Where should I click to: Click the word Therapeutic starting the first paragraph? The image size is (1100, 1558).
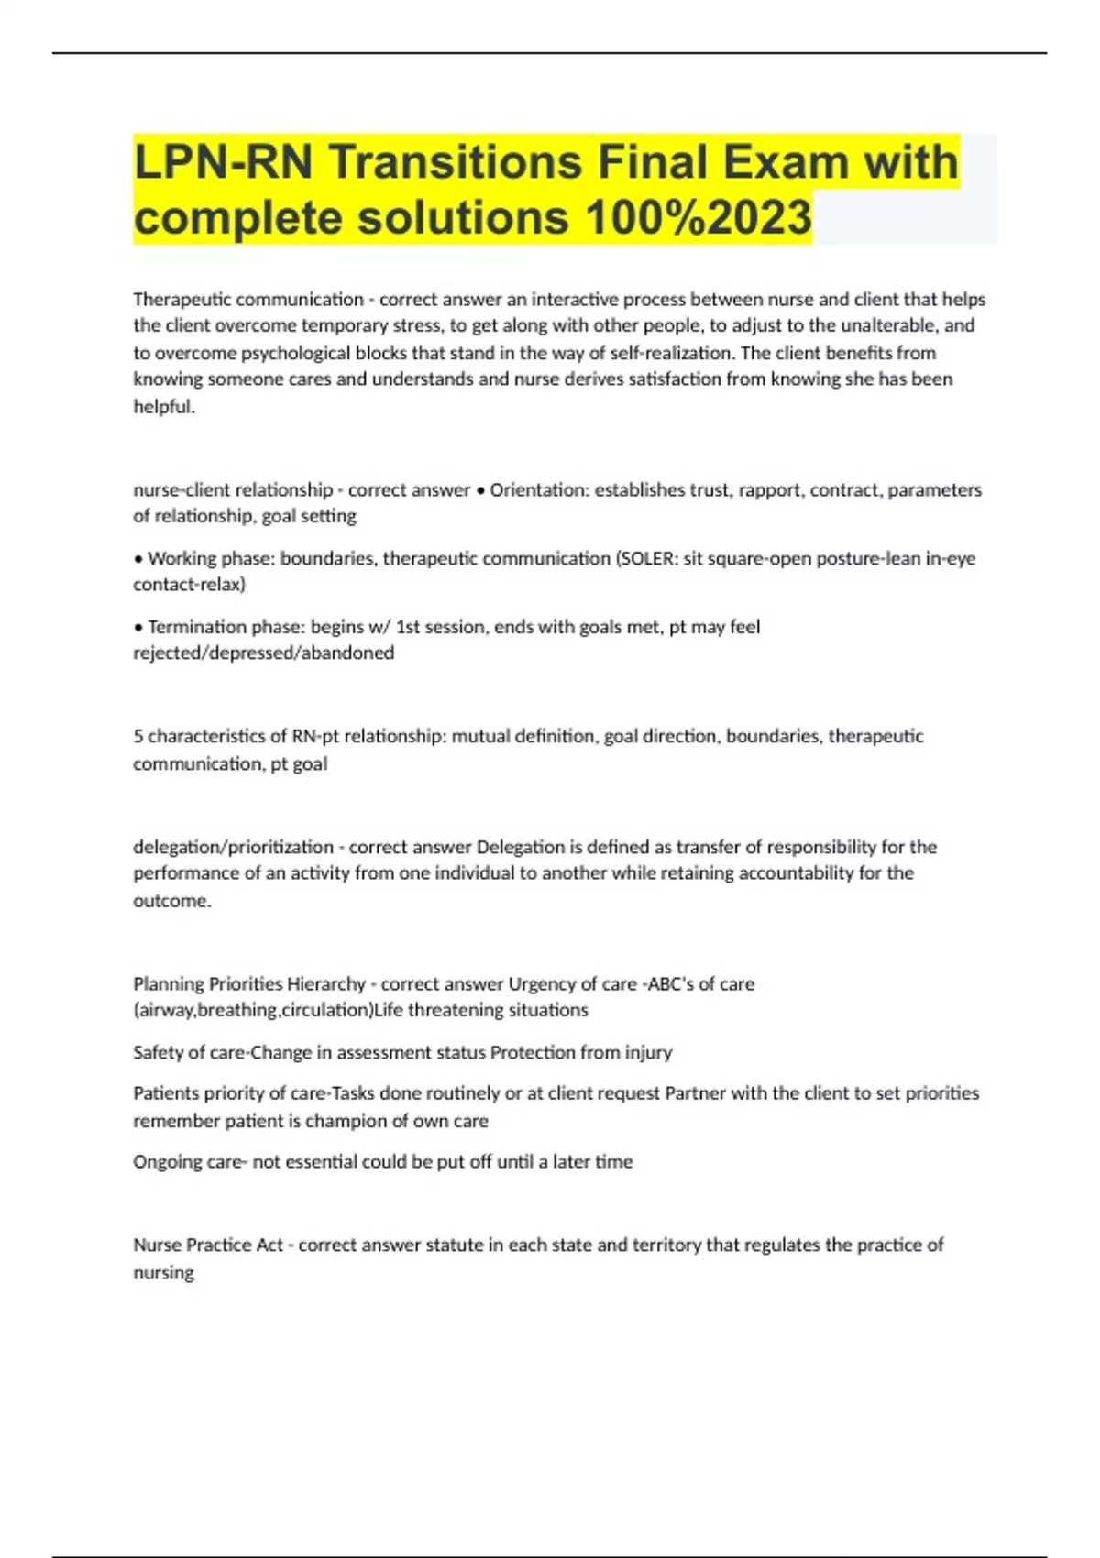[x=181, y=299]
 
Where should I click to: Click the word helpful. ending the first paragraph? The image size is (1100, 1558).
[x=164, y=407]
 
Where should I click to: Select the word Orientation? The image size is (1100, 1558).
[x=539, y=489]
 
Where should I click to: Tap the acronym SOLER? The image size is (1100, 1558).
[x=646, y=558]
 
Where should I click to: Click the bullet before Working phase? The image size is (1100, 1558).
[x=138, y=559]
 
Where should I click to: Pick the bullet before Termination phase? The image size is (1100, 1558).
[x=138, y=628]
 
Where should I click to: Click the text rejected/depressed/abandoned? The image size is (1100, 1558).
[x=264, y=653]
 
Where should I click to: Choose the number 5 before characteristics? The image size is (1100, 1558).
[x=138, y=736]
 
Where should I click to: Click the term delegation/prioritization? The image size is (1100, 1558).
[x=234, y=847]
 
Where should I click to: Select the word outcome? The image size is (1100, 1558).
[x=171, y=900]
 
